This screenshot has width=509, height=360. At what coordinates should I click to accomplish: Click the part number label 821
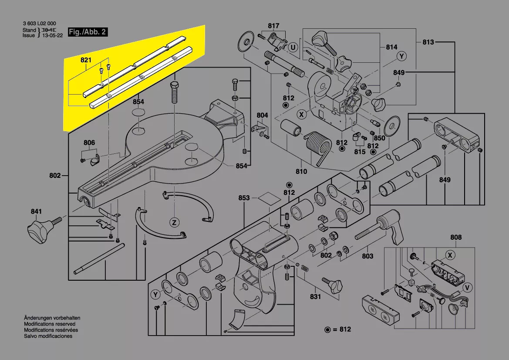[x=86, y=60]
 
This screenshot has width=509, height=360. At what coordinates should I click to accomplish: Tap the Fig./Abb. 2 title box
[x=87, y=32]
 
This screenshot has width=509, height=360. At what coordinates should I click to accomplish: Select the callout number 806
[x=89, y=143]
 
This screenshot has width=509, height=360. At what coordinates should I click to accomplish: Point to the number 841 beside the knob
[x=36, y=212]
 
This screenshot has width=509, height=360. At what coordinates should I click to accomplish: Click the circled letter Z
[x=174, y=223]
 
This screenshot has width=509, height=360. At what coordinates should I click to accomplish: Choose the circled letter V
[x=467, y=287]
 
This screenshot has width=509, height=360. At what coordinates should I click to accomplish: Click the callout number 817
[x=273, y=26]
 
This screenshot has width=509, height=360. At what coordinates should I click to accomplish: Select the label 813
[x=428, y=42]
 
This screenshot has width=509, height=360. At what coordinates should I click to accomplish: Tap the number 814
[x=391, y=47]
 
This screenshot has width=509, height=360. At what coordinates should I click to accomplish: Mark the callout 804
[x=262, y=115]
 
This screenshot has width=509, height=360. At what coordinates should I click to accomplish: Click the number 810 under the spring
[x=301, y=171]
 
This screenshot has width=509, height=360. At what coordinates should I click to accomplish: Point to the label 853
[x=244, y=198]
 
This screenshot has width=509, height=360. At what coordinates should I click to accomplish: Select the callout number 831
[x=315, y=297]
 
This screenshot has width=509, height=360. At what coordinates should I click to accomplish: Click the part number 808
[x=456, y=238]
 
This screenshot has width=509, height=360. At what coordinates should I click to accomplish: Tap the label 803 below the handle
[x=367, y=256]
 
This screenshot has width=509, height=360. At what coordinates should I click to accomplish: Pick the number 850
[x=380, y=138]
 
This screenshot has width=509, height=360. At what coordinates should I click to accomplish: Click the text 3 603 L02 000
[x=39, y=24]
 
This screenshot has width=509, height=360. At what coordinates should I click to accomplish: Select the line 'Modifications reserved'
[x=50, y=324]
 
